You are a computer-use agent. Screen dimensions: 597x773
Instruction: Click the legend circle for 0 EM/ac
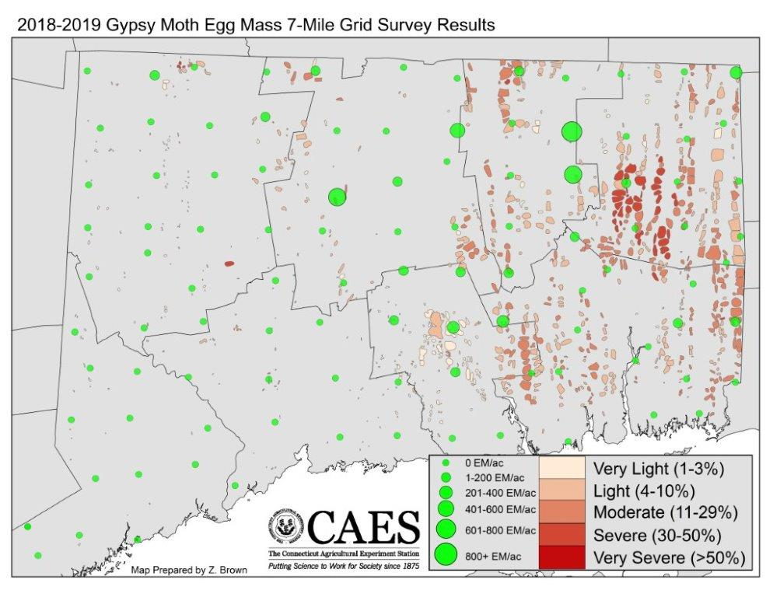446,463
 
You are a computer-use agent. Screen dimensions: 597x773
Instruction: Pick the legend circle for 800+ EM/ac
446,555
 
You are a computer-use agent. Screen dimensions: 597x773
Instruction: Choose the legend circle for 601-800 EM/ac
446,529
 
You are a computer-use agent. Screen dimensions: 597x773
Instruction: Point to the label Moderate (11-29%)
665,513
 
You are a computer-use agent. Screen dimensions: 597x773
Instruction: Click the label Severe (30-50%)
658,536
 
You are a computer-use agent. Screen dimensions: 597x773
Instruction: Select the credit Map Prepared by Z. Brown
190,570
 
